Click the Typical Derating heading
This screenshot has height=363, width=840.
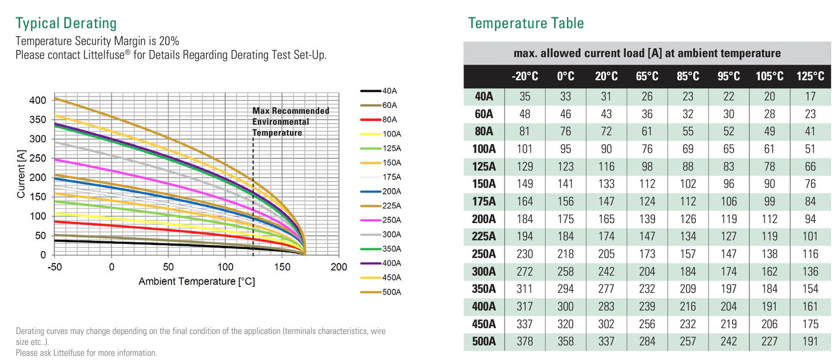[x=66, y=23]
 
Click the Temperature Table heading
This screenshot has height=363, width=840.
[x=526, y=23]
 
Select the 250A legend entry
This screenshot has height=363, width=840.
[x=391, y=220]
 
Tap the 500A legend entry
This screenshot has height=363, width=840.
[x=391, y=292]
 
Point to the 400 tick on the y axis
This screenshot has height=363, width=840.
[x=37, y=100]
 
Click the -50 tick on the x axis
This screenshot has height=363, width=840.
[x=54, y=267]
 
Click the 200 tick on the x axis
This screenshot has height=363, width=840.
[x=338, y=267]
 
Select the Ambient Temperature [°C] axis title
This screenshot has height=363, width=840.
[x=196, y=282]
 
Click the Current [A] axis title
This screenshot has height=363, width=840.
[x=22, y=172]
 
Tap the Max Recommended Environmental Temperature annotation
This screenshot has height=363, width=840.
[x=290, y=121]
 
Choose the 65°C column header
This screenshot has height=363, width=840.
[x=647, y=77]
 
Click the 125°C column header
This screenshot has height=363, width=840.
[x=810, y=77]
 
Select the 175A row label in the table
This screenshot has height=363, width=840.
[x=484, y=202]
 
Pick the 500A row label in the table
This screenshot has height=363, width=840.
[x=484, y=342]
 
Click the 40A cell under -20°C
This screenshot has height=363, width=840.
[x=524, y=96]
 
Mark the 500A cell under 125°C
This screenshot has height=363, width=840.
[x=810, y=342]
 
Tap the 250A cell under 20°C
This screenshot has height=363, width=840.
[x=606, y=254]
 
